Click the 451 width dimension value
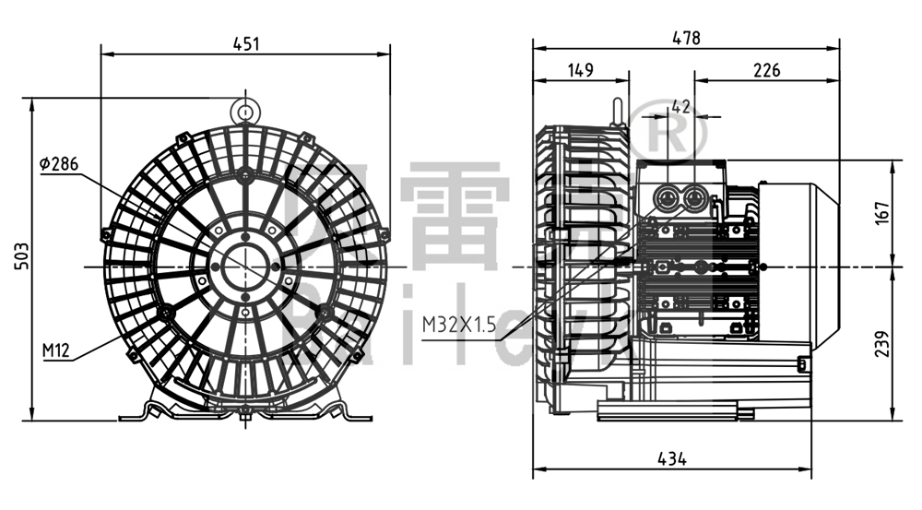point(245,42)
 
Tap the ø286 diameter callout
point(59,164)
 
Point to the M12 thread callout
point(56,350)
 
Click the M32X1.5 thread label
point(459,325)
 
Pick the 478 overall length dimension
point(686,38)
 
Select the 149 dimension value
point(580,70)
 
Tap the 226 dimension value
point(766,70)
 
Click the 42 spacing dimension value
point(680,107)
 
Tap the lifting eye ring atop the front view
point(245,112)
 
